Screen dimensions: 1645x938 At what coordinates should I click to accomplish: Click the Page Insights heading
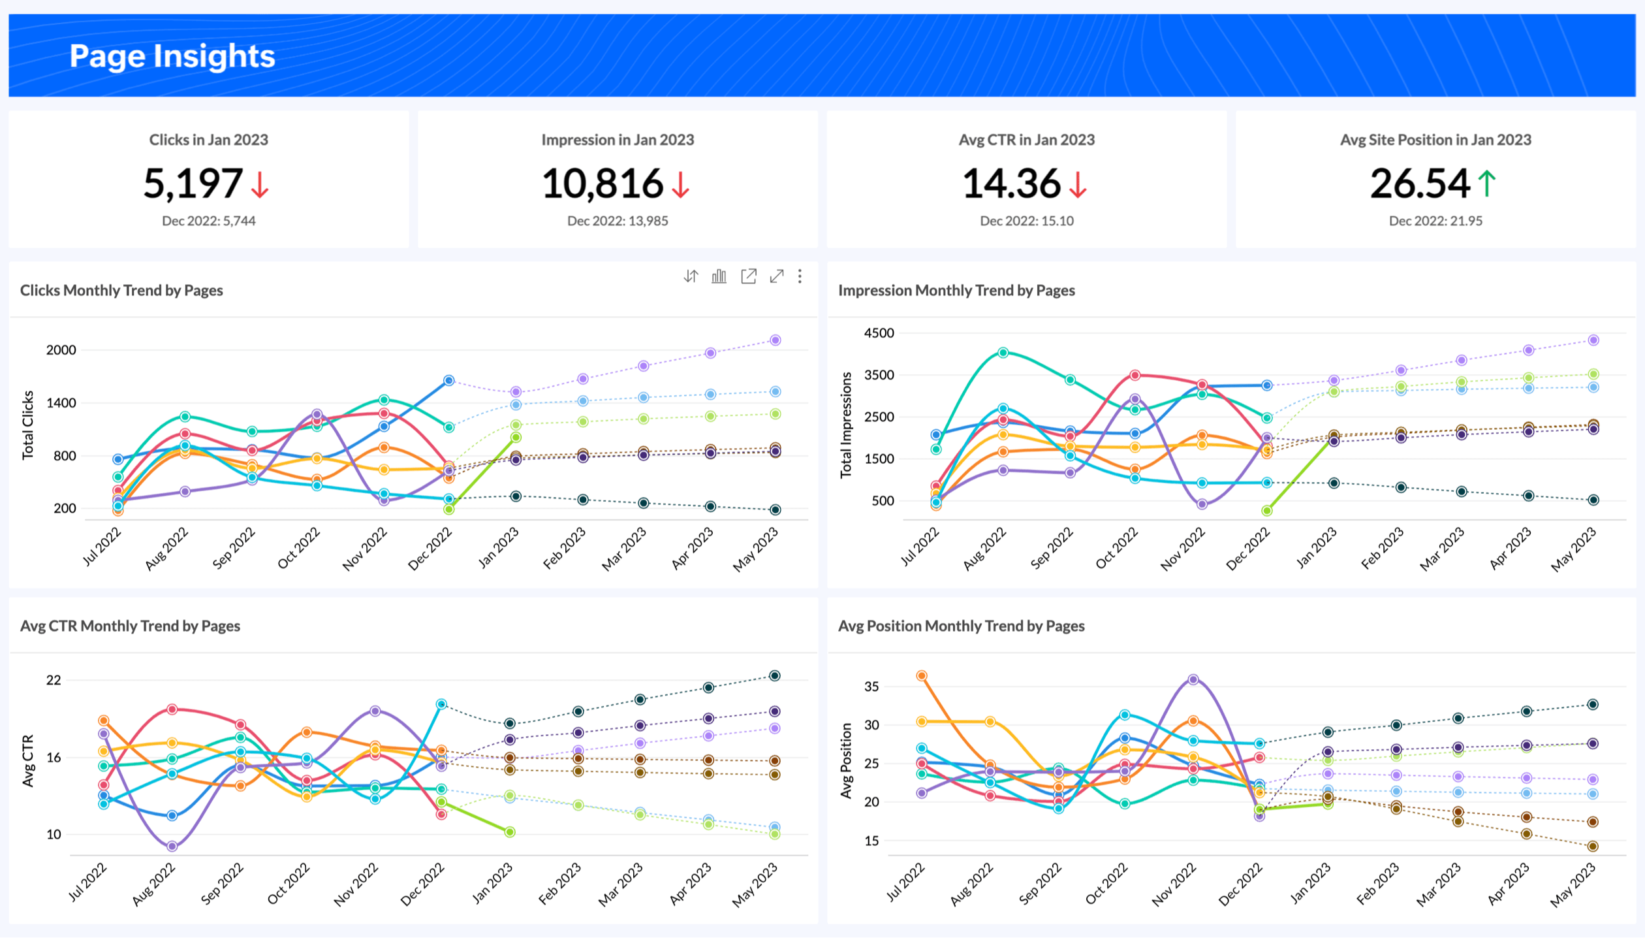(172, 56)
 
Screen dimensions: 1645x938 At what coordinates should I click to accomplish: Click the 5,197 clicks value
(193, 184)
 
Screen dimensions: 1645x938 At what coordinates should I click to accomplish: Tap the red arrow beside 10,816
(681, 184)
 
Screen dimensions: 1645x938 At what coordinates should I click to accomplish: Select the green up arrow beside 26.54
(1486, 183)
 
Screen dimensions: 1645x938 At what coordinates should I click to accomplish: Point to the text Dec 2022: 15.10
(1027, 221)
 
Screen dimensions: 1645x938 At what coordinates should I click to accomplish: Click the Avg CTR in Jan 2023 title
(1027, 140)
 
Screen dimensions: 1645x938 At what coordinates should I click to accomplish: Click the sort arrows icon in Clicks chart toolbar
(691, 276)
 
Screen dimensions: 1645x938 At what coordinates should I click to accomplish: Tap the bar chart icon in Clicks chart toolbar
(719, 276)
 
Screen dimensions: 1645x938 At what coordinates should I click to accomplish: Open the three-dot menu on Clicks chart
(800, 276)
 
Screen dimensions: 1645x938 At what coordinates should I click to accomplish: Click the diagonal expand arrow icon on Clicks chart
(777, 276)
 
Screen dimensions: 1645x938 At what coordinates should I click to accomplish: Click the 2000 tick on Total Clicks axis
(61, 350)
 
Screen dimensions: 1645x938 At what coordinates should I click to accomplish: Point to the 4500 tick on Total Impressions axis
(879, 333)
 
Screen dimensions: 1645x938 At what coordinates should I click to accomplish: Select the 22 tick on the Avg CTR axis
(54, 680)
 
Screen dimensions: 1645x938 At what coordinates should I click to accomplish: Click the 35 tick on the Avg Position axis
(871, 687)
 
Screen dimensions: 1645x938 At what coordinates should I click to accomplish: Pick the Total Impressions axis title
(846, 425)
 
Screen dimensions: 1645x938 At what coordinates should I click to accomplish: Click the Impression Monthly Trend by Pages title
(956, 291)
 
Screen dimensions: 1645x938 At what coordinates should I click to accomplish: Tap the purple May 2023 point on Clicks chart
(775, 340)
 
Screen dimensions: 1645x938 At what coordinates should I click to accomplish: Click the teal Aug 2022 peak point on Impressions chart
(1003, 353)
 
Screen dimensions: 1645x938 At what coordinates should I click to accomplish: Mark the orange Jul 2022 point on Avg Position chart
(922, 676)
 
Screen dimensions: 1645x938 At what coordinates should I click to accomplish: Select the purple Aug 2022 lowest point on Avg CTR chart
(172, 847)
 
